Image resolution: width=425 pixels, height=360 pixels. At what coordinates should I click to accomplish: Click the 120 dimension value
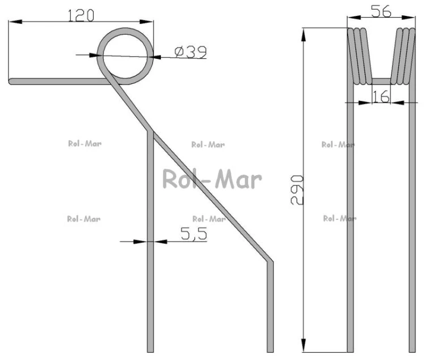(81, 15)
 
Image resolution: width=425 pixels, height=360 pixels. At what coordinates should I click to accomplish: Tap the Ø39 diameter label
(190, 52)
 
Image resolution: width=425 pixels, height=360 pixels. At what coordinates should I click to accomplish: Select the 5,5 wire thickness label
(194, 234)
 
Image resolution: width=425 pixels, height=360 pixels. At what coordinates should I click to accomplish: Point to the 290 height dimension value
(297, 189)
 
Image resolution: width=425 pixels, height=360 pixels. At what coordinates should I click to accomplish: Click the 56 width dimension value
(381, 11)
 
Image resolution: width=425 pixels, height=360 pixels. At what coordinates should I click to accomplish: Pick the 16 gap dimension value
(381, 96)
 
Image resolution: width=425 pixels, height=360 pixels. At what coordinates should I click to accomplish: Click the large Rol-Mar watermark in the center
(212, 179)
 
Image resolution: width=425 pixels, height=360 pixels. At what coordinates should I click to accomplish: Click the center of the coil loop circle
(125, 56)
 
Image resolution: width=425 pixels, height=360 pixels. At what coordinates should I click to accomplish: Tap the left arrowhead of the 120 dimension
(15, 22)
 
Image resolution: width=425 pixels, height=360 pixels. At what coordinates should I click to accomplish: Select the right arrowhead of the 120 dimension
(147, 22)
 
